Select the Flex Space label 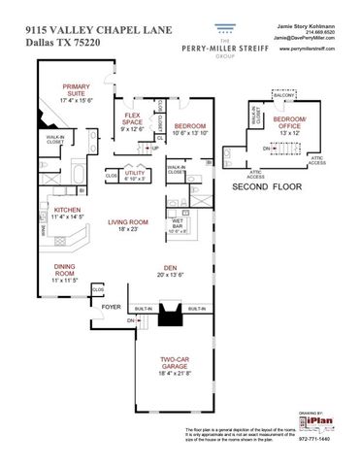[x=132, y=122]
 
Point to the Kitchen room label [x=66, y=212]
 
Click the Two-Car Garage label [x=180, y=365]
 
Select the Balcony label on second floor [x=282, y=96]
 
